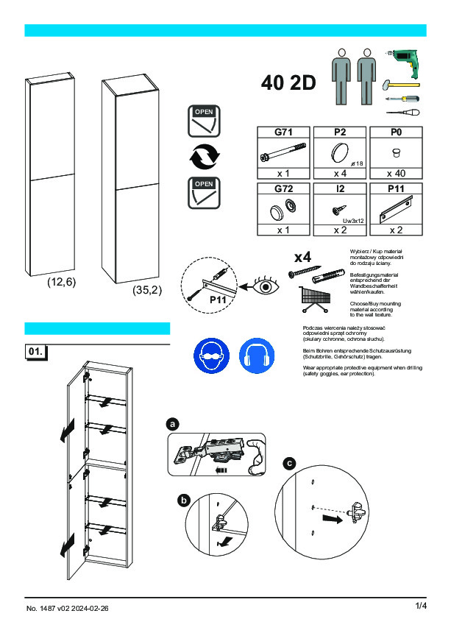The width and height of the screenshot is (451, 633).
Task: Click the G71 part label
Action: click(x=284, y=132)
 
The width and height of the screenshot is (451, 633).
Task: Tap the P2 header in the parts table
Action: click(x=340, y=132)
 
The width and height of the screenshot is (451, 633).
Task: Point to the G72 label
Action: click(x=284, y=189)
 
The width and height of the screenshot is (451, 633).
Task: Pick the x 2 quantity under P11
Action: click(x=397, y=230)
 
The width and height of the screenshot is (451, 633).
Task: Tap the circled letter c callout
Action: click(x=290, y=464)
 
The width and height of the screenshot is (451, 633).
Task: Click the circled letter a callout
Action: click(x=173, y=425)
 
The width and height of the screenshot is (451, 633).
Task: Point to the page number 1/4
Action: click(x=421, y=606)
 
